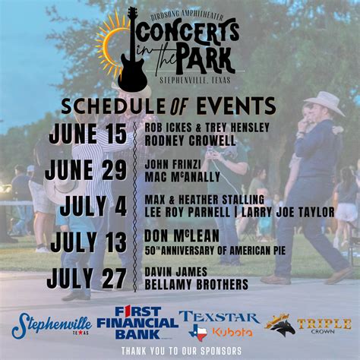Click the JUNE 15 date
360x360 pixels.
(88, 134)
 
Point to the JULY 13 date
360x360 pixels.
(88, 242)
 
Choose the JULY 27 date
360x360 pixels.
(86, 278)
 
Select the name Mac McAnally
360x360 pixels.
(182, 177)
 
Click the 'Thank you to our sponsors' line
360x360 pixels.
(180, 350)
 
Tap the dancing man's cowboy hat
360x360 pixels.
(324, 102)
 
